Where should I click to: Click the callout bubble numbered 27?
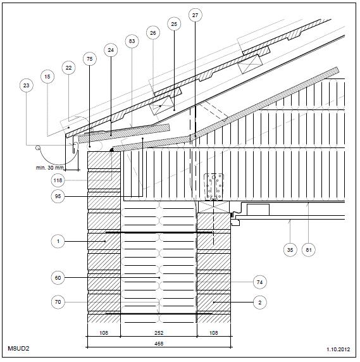(195, 15)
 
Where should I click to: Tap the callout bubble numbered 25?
(174, 24)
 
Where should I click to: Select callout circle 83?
(132, 41)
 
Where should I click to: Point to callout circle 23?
(27, 85)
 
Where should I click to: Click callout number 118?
(58, 180)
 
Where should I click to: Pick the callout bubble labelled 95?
(58, 196)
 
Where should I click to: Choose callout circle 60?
(58, 278)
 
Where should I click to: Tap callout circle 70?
(58, 302)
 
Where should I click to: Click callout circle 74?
(259, 282)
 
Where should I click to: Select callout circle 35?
(290, 250)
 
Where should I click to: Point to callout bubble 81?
(309, 250)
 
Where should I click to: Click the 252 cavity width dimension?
(159, 333)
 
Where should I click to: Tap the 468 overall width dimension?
(159, 344)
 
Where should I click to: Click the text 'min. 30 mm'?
(49, 168)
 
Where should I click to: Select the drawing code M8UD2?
(18, 348)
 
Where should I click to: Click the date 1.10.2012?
(338, 349)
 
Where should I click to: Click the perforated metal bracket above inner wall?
(214, 187)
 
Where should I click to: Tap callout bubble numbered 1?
(58, 241)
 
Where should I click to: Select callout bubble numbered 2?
(259, 303)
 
